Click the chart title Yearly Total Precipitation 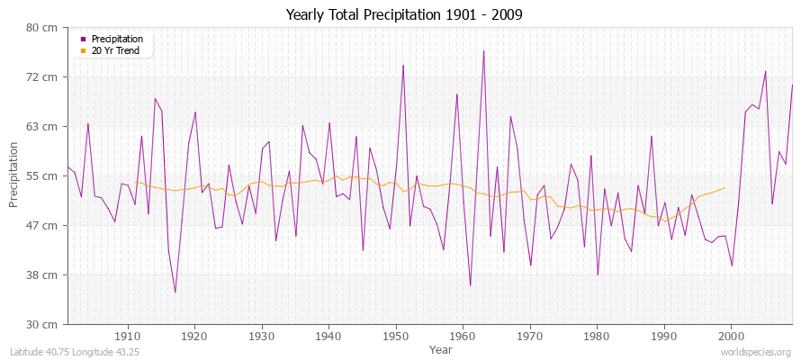pos(404,14)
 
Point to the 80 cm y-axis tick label pos(43,27)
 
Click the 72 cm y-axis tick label pos(43,76)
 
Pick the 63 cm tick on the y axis pos(43,126)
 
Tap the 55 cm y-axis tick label pos(43,175)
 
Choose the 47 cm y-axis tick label pos(43,225)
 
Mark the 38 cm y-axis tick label pos(43,274)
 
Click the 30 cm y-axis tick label pos(43,324)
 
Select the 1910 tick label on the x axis pos(127,337)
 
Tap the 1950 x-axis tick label pos(395,337)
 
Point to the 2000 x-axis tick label pos(731,337)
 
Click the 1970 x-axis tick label pos(529,337)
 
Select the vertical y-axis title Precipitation pos(14,175)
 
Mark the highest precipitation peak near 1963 pos(483,50)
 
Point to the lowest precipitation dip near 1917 pos(175,292)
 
